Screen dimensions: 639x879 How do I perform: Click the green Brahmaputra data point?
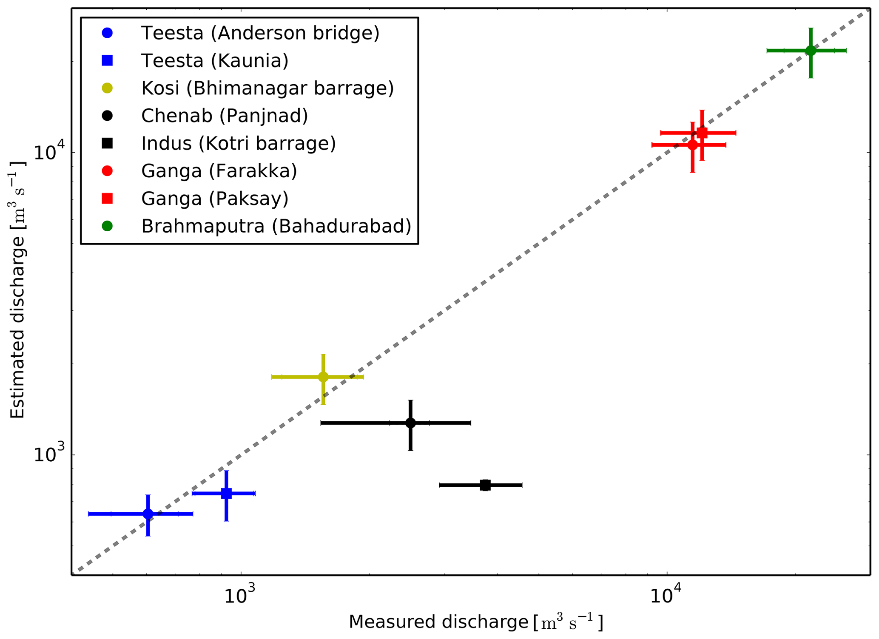click(811, 51)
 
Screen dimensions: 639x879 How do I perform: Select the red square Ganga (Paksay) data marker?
click(702, 133)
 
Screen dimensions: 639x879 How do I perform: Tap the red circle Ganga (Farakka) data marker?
click(692, 145)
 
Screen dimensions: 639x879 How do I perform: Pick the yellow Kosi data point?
click(323, 377)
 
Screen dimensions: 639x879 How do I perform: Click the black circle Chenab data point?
click(410, 423)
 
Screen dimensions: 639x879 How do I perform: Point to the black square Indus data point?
click(485, 485)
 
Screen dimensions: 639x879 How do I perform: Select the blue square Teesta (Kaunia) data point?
click(226, 494)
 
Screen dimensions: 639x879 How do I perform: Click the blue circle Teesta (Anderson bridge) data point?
click(148, 514)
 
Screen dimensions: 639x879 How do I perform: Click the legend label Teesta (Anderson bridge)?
click(260, 33)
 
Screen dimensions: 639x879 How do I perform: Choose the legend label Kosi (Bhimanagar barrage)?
click(267, 88)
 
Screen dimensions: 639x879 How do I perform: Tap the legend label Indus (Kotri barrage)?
click(239, 144)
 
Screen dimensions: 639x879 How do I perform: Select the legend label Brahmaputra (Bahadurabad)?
click(276, 226)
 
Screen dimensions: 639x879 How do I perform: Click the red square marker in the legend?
click(107, 199)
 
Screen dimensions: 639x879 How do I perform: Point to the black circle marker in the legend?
click(107, 116)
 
